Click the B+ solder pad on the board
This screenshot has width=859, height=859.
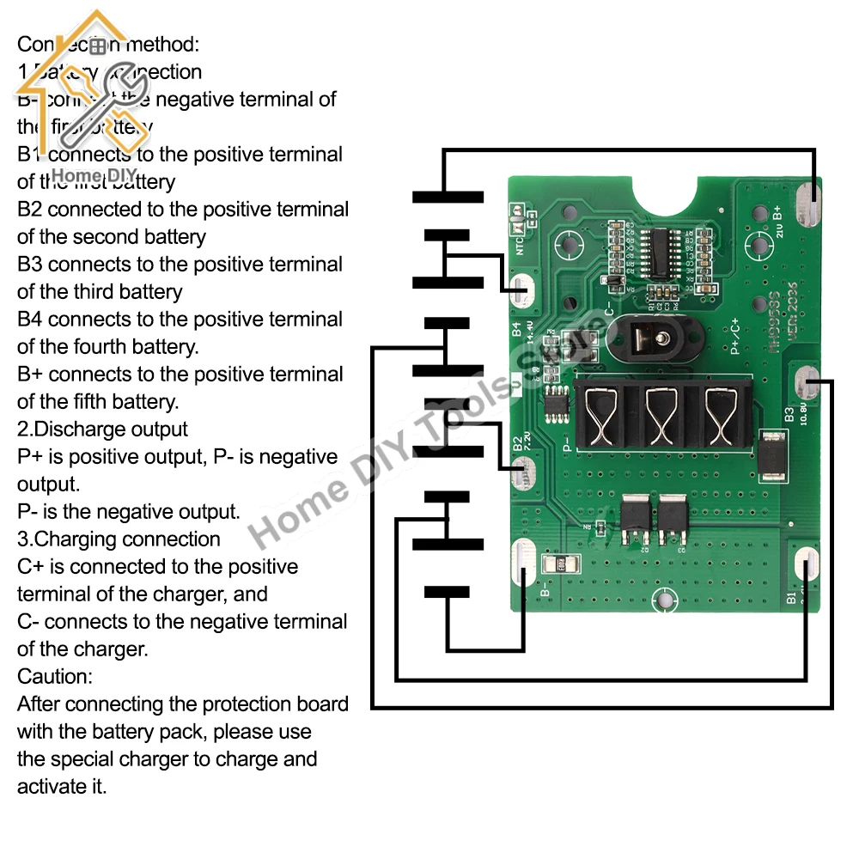point(809,207)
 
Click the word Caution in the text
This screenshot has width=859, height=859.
point(56,677)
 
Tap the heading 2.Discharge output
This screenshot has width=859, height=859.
point(102,429)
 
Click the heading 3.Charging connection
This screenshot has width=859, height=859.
point(119,539)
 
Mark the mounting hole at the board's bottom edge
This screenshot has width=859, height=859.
point(663,601)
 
